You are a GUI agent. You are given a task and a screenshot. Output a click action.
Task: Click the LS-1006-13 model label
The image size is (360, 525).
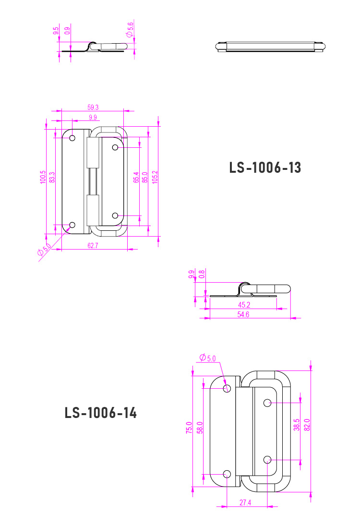(265, 168)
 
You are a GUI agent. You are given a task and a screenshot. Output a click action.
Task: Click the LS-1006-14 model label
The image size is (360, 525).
(100, 413)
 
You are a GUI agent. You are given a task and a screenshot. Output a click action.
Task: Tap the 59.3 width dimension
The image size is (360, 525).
(93, 107)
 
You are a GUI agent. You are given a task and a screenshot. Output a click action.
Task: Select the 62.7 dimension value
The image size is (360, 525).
(93, 245)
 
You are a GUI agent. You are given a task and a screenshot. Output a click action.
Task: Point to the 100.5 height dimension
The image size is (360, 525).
(43, 177)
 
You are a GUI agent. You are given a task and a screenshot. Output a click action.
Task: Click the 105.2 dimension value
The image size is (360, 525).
(155, 177)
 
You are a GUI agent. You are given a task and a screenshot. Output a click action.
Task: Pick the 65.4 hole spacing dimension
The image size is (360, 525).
(136, 178)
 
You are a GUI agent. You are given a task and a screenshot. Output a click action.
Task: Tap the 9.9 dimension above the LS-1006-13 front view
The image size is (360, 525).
(93, 118)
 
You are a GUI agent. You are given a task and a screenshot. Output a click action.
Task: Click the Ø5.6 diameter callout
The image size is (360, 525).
(130, 29)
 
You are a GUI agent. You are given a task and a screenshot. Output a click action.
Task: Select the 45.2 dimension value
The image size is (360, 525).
(244, 305)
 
